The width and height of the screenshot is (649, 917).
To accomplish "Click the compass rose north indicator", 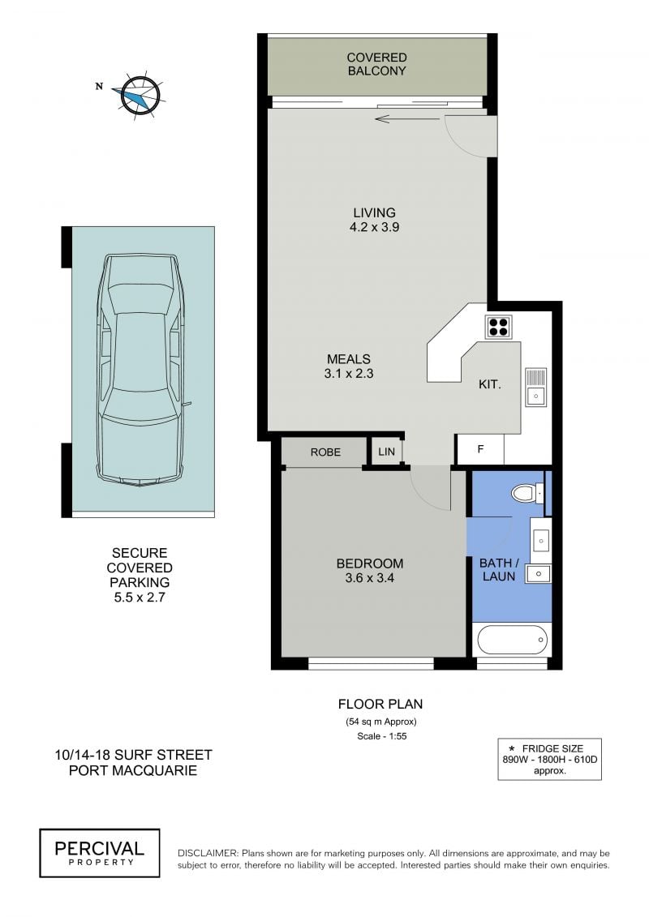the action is point(100,87).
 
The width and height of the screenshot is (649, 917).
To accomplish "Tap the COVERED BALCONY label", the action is point(377,64).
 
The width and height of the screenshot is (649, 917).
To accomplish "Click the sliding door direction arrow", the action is point(407,119).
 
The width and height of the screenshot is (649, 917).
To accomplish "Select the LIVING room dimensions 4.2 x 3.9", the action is point(375,228).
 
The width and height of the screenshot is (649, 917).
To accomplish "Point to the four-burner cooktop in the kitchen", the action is point(499,326).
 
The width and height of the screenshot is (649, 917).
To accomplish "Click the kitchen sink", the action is point(535,387).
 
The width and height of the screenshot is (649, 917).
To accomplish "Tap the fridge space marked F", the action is point(480,449).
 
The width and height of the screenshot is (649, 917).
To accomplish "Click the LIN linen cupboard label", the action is point(387,452).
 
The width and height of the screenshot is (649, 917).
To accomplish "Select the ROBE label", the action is point(325,452).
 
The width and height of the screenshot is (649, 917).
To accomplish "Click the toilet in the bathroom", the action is point(528,493).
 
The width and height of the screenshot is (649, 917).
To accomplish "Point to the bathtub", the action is point(513,641).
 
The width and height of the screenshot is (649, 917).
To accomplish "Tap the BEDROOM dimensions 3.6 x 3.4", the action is point(369,578).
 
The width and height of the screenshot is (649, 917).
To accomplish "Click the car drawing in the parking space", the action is point(140,371).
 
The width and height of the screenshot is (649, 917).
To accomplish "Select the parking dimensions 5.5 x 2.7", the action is point(140,598).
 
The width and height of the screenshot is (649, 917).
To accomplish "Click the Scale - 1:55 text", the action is point(381,736).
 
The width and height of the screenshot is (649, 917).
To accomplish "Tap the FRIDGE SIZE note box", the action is point(549,759).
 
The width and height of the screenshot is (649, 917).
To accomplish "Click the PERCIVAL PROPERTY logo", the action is point(100,853).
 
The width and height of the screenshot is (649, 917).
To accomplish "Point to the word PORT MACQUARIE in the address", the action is point(133,771).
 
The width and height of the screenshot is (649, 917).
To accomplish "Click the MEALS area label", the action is point(349,359).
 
